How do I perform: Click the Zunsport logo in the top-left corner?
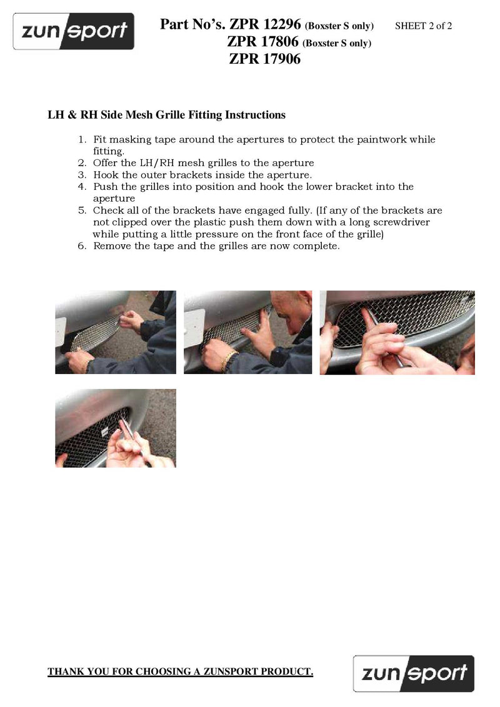[x=74, y=31]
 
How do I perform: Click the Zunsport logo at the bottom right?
[x=414, y=674]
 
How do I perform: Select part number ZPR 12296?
[x=265, y=24]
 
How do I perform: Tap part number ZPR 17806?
[x=262, y=41]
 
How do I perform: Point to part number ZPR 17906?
[x=264, y=59]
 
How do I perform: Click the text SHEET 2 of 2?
[x=423, y=26]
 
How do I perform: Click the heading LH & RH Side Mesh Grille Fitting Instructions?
[x=166, y=115]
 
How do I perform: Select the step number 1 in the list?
[x=82, y=140]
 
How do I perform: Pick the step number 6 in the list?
[x=82, y=246]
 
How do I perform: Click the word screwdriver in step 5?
[x=401, y=222]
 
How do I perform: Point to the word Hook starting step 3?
[x=105, y=175]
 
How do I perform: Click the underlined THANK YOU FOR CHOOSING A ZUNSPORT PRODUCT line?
[x=181, y=671]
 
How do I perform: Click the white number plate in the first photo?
[x=61, y=330]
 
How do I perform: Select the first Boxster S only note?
[x=339, y=26]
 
